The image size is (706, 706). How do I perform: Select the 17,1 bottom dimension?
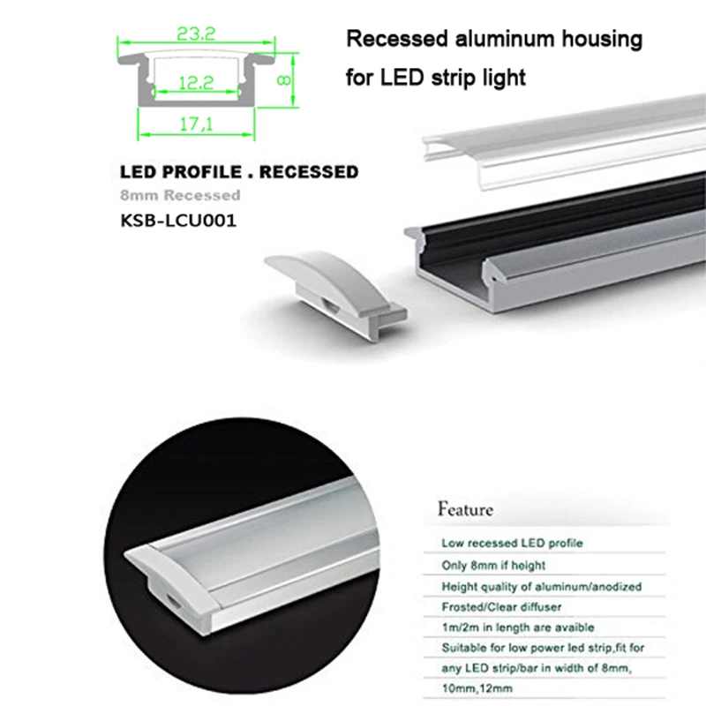(x=197, y=126)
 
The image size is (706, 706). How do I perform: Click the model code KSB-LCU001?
(x=178, y=217)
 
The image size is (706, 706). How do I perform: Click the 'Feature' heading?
(x=465, y=509)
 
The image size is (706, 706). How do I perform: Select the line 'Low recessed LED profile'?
(x=512, y=542)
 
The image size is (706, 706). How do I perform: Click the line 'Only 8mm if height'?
(x=493, y=564)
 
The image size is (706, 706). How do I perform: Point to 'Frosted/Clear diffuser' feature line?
(x=501, y=607)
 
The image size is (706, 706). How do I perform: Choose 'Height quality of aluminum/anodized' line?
(x=541, y=586)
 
